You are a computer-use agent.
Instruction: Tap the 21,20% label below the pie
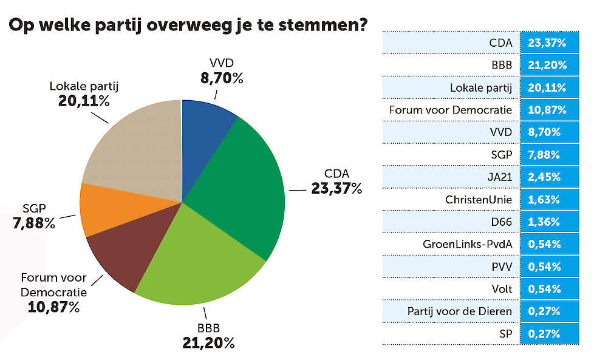tap(208, 343)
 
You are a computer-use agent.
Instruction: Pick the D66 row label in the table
tap(501, 222)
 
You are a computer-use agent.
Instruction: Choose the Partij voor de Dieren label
tap(460, 311)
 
